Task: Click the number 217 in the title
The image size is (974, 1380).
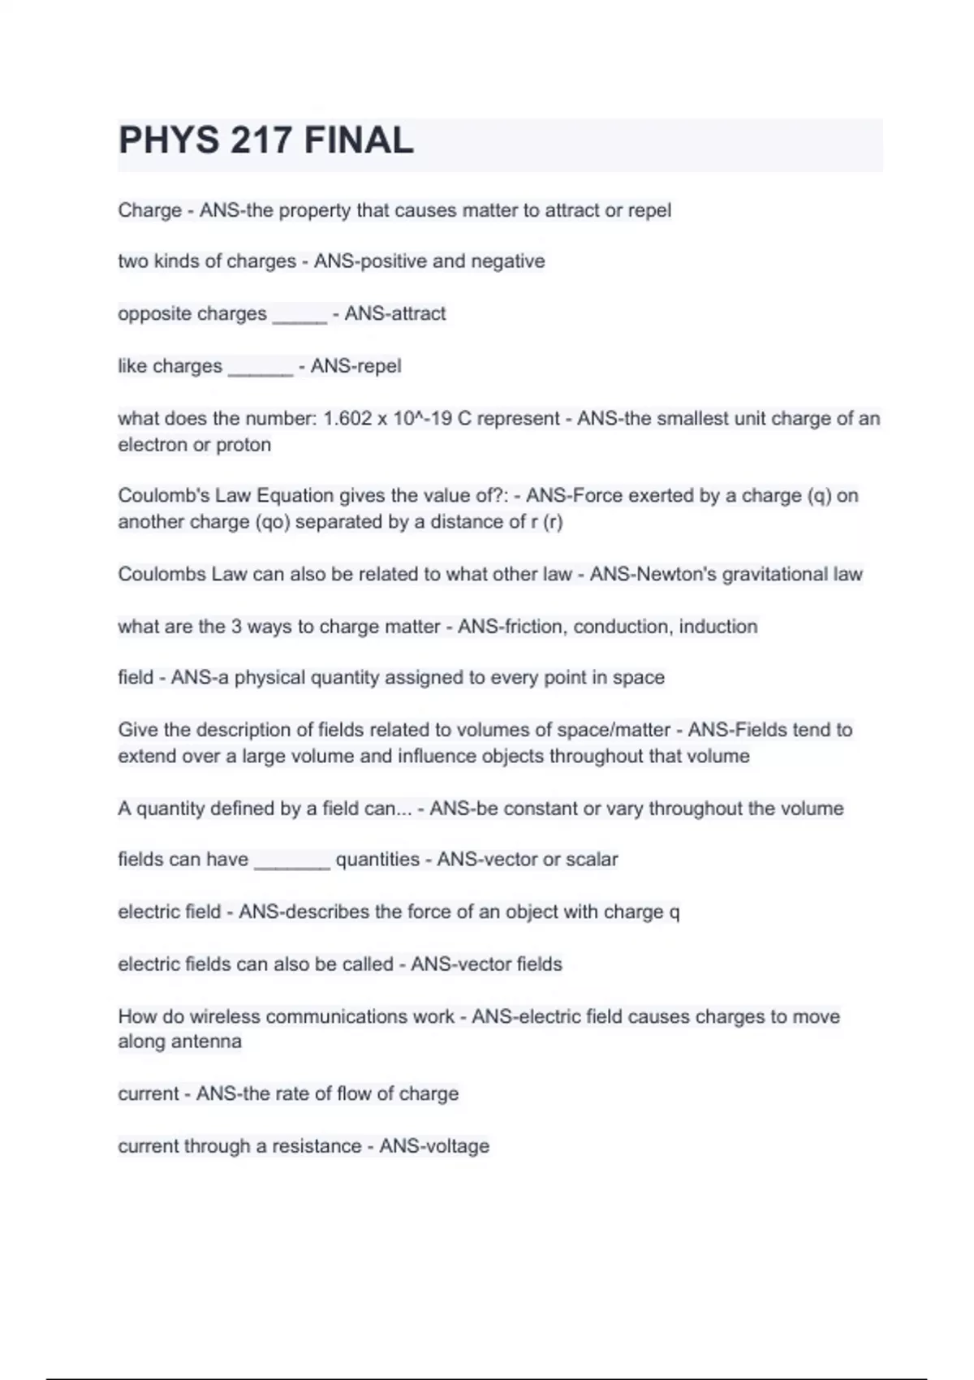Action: (x=261, y=140)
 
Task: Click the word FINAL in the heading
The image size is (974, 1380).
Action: (x=359, y=140)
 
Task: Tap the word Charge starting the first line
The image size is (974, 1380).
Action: (x=149, y=210)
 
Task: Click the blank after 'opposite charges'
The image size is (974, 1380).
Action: (x=300, y=317)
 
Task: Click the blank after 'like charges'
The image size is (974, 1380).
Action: (x=260, y=369)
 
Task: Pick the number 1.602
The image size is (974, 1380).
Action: (x=347, y=419)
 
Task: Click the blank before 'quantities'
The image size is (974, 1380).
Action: (x=292, y=863)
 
